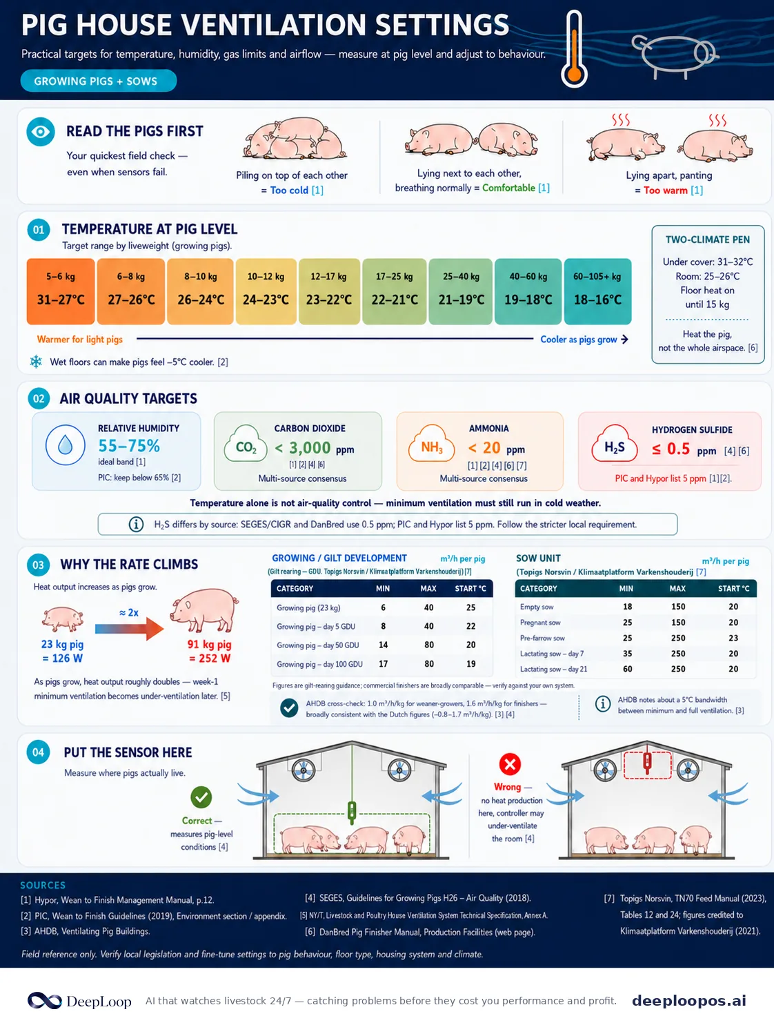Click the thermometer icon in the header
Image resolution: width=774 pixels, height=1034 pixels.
(574, 50)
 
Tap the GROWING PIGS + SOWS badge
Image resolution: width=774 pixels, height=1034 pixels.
(99, 81)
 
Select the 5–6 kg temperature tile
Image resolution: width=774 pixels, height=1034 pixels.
(61, 291)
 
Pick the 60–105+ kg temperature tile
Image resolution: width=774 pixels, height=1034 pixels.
(597, 291)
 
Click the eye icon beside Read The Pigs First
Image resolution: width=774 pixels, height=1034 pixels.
(41, 131)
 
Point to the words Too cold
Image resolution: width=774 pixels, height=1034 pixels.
(289, 191)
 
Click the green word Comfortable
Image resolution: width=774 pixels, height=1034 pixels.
(508, 188)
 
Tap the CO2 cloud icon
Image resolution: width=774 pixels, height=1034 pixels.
(246, 445)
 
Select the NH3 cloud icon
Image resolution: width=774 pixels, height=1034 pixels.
(431, 445)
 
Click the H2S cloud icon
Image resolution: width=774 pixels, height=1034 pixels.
(615, 445)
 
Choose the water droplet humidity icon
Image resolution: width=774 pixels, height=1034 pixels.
(66, 445)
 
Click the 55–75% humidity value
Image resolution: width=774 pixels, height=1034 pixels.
(129, 446)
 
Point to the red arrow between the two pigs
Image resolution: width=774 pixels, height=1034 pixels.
(130, 628)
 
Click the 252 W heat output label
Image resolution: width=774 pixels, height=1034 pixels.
(210, 658)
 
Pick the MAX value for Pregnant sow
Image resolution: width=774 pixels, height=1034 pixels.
(678, 623)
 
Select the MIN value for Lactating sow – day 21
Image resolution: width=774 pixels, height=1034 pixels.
(628, 669)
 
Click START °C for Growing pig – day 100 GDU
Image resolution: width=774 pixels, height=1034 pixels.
(470, 664)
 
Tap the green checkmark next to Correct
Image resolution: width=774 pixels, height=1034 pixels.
(201, 797)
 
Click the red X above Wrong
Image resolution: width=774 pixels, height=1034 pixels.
(510, 763)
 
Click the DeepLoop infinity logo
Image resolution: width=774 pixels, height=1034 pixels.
(44, 1000)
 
